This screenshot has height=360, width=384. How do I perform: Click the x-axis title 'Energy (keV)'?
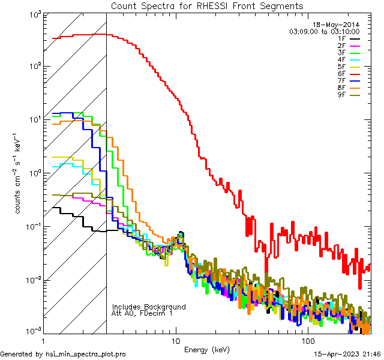207,349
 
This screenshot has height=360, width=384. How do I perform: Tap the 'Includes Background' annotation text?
149,307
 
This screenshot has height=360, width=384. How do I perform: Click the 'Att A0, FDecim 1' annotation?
142,313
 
